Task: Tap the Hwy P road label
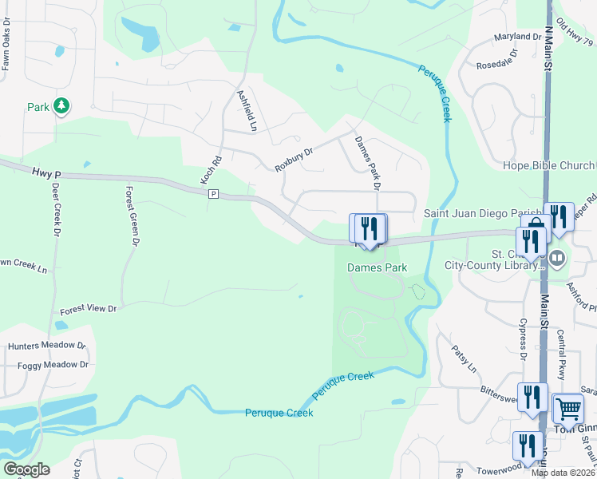[x=47, y=172]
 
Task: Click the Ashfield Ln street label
[x=247, y=110]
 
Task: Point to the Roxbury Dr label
[x=293, y=157]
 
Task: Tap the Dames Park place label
[x=378, y=268]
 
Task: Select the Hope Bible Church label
[x=548, y=166]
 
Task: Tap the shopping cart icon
[x=567, y=409]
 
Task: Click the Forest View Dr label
[x=89, y=308]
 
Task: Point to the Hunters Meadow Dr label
[x=46, y=346]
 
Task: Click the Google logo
[x=26, y=469]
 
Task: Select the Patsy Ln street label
[x=463, y=358]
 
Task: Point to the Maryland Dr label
[x=517, y=37]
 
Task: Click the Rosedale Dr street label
[x=496, y=59]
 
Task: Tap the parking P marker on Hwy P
[x=213, y=194]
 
